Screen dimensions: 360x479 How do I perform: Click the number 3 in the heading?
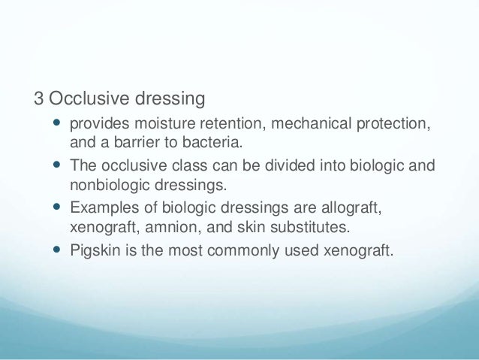(x=38, y=98)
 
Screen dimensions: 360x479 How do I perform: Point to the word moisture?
(x=161, y=123)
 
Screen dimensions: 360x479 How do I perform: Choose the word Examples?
(x=101, y=206)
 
